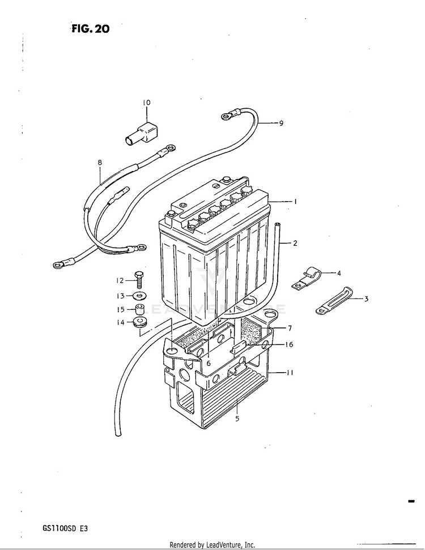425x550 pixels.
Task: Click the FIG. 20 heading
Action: tap(90, 29)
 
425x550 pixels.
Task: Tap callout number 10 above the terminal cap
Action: tap(146, 103)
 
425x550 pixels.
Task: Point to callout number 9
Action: tap(280, 123)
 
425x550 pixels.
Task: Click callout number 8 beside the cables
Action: tap(100, 163)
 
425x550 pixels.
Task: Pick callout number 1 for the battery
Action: tap(295, 201)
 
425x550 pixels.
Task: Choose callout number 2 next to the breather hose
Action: tap(295, 243)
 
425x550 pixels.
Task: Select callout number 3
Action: tap(366, 299)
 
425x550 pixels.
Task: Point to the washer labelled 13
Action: tap(139, 296)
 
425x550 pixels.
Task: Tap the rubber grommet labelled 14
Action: tap(139, 323)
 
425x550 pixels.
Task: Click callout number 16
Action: tap(289, 344)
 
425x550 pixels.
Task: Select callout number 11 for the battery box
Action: tap(290, 373)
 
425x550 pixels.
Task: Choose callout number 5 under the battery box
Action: tap(237, 419)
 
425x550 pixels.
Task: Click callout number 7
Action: tap(289, 328)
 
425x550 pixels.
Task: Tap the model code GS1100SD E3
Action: tap(65, 528)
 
